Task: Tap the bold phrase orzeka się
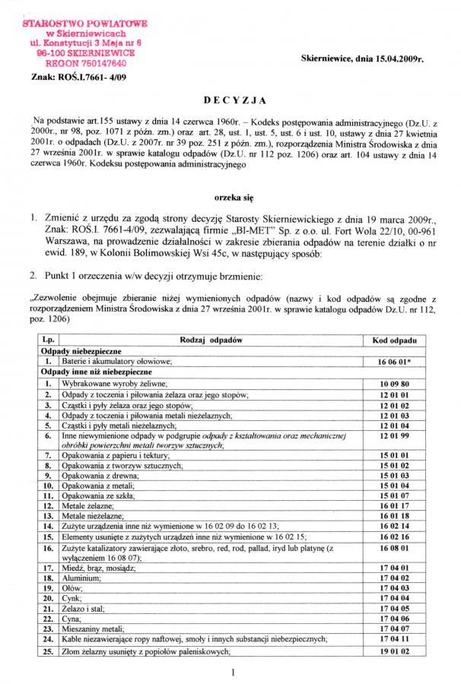coord(230,195)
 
